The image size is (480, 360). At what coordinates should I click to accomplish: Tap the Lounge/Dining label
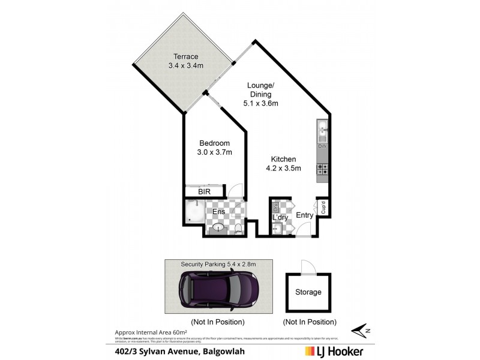point(260,89)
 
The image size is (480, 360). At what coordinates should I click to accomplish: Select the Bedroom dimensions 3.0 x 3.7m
point(214,152)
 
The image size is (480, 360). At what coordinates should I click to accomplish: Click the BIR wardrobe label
point(205,191)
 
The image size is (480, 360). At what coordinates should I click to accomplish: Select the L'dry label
point(281,217)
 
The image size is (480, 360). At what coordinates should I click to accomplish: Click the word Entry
point(305,215)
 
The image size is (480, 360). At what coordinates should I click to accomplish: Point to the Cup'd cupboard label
point(323,208)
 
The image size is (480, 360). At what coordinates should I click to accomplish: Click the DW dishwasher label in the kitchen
point(322,146)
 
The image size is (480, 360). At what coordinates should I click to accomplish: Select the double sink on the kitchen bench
point(322,128)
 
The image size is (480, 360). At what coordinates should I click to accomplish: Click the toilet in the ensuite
point(238,229)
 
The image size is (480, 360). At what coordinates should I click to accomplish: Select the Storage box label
point(308,292)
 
